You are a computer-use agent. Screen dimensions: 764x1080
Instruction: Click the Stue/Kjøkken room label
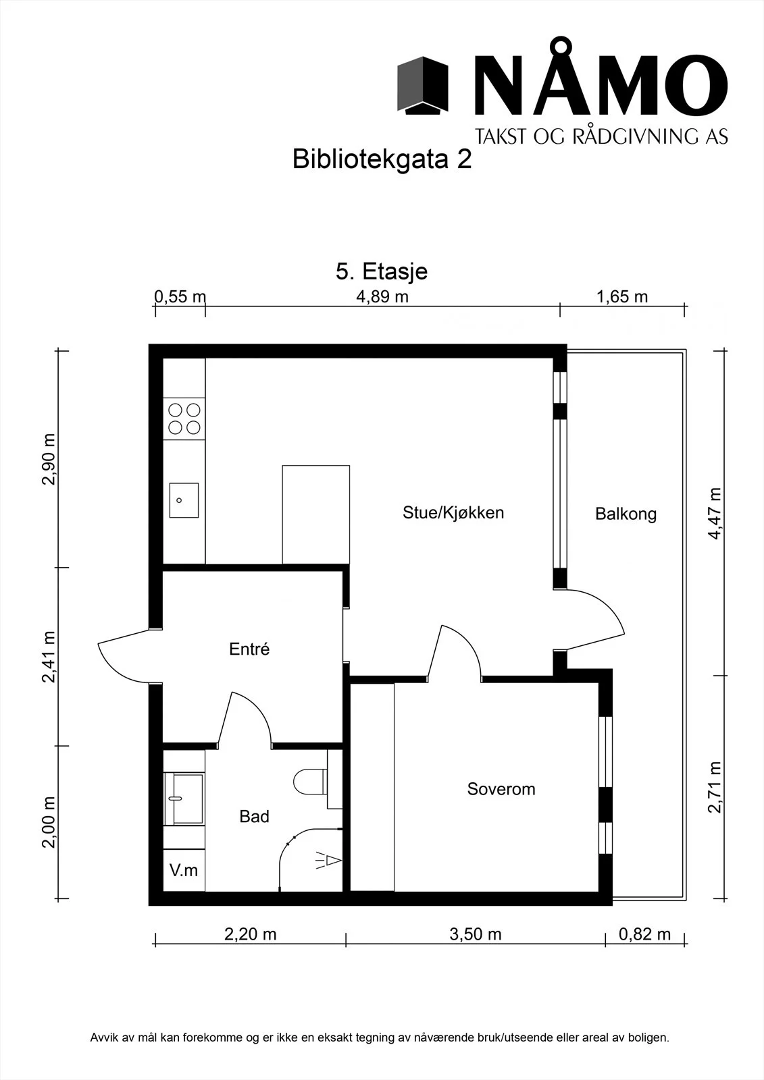pyautogui.click(x=453, y=513)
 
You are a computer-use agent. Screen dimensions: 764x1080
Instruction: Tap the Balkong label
pyautogui.click(x=626, y=514)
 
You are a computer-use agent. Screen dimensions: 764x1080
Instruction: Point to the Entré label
pyautogui.click(x=249, y=649)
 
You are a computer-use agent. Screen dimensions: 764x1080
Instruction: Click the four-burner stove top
pyautogui.click(x=184, y=418)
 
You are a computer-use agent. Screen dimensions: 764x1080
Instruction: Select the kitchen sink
pyautogui.click(x=184, y=500)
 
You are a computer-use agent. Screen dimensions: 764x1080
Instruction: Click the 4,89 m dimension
pyautogui.click(x=382, y=296)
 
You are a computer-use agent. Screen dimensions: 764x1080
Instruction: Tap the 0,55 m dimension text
pyautogui.click(x=180, y=296)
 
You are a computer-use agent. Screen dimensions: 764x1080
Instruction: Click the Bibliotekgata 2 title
pyautogui.click(x=382, y=159)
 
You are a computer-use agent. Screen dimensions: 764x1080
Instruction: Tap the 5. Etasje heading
pyautogui.click(x=382, y=271)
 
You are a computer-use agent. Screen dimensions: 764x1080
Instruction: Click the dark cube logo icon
pyautogui.click(x=423, y=85)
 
